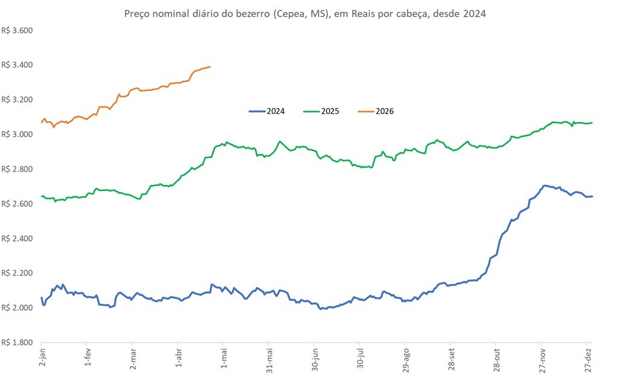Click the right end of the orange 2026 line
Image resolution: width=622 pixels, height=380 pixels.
pyautogui.click(x=210, y=66)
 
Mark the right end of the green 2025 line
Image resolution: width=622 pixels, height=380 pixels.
pyautogui.click(x=592, y=123)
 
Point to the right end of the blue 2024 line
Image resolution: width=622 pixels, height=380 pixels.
pyautogui.click(x=592, y=196)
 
